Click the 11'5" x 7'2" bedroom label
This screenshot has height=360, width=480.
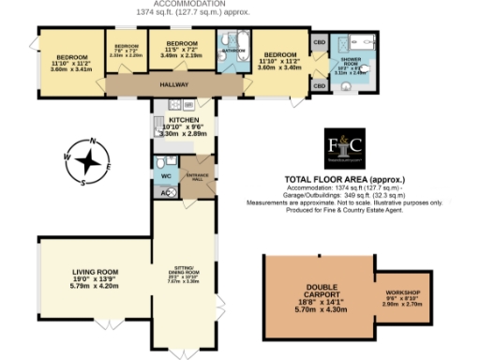pos(180,44)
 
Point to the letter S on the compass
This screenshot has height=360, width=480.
pos(82,183)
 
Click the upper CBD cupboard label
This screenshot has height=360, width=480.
pos(319,43)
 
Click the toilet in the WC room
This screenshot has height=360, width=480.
pos(159,161)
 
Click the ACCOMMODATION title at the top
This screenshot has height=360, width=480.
pos(241,4)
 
